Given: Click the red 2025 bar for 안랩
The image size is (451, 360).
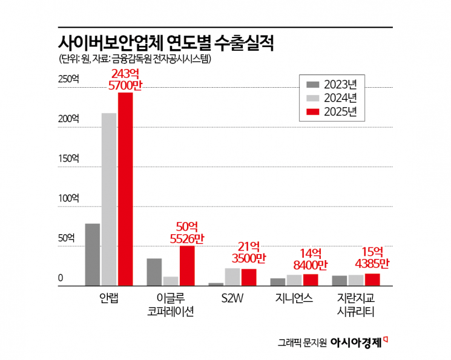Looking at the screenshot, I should pos(125,189).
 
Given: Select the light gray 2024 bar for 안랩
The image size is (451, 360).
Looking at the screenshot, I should pos(109,199).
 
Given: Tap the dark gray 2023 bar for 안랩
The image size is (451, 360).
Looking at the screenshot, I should pos(93,254).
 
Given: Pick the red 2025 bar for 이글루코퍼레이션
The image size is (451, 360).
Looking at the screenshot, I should pos(187,266).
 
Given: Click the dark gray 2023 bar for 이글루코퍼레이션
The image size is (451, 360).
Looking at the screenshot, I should pos(154,272).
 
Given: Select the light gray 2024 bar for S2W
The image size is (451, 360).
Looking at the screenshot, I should pos(232,277).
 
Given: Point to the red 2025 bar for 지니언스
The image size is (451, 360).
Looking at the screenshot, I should pos(311,280).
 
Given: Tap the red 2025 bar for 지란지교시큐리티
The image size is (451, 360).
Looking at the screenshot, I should pos(372,279).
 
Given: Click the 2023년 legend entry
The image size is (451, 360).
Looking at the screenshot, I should pos(331,83).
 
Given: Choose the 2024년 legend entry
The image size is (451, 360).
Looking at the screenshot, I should pos(331,97).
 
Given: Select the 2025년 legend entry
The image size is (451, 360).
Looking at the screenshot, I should pos(331,111).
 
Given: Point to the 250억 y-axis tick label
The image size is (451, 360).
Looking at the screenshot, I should pos(68,79).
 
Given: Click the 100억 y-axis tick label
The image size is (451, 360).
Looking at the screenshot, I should pos(68,198).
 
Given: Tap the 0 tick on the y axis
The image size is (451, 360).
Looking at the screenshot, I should pos(61,278).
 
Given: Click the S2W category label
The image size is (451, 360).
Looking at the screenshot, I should pos(232,299).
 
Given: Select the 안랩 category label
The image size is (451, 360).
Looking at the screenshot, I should pos(109,299).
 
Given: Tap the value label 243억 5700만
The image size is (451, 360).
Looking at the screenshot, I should pos(125,80).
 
